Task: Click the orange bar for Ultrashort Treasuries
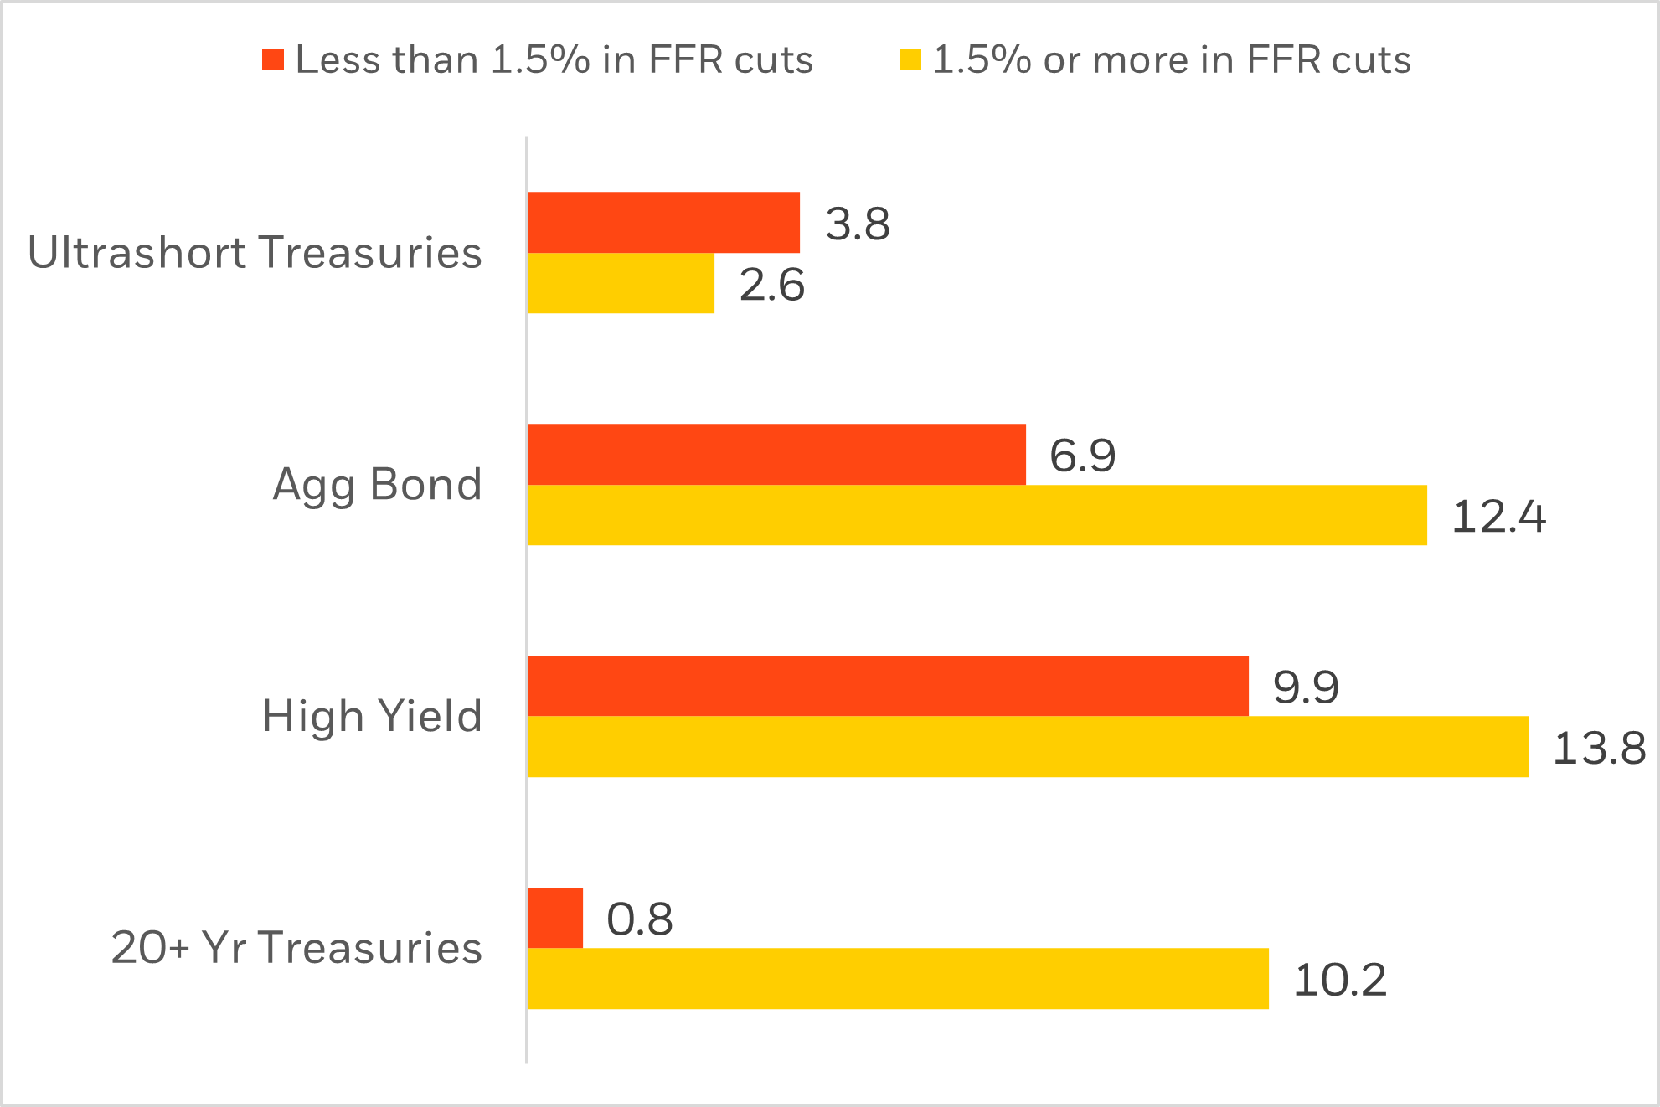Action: coord(663,223)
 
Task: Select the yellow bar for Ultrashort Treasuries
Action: coord(621,284)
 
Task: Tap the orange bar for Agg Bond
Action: coord(776,455)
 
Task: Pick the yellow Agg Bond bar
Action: coord(977,516)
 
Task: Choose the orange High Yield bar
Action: coord(888,687)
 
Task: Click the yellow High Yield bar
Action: coord(1028,747)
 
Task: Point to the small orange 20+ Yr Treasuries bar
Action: coord(555,919)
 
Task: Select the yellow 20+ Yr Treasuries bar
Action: coord(898,979)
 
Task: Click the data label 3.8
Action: coord(858,224)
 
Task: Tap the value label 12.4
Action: coord(1498,517)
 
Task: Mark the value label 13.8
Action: coord(1599,749)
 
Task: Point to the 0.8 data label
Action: coord(639,919)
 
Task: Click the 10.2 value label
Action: coord(1340,981)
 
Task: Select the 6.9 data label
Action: coord(1082,456)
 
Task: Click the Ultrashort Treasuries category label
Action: coord(255,253)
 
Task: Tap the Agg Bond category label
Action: coord(377,485)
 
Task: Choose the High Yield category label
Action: coord(372,717)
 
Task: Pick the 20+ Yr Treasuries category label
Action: coord(296,948)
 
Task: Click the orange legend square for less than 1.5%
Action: coord(273,59)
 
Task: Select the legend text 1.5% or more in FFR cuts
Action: coord(1171,60)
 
